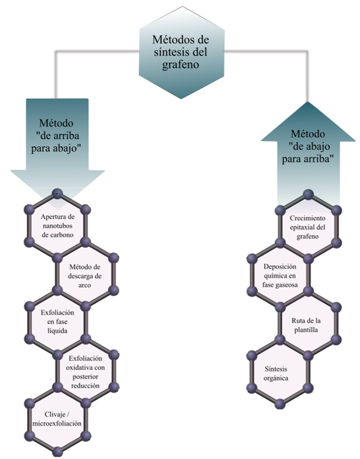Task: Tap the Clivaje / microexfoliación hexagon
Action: (x=58, y=419)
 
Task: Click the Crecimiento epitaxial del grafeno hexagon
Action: (x=308, y=226)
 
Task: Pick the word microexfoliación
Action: (x=58, y=424)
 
